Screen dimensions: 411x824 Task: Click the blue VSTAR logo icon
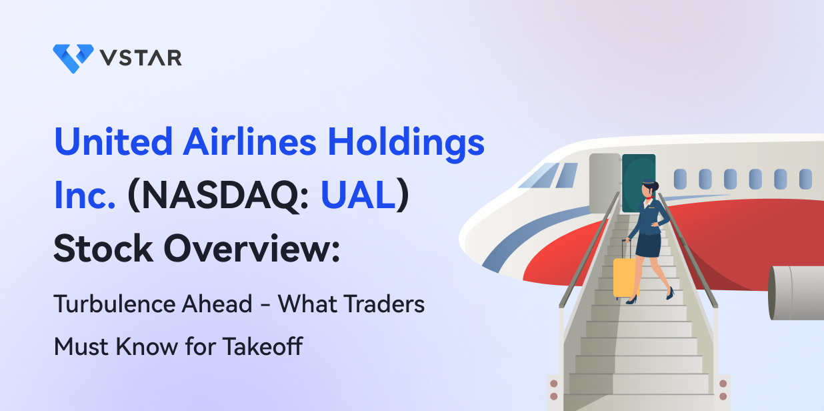pyautogui.click(x=73, y=58)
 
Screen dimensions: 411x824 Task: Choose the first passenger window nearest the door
pyautogui.click(x=680, y=179)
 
